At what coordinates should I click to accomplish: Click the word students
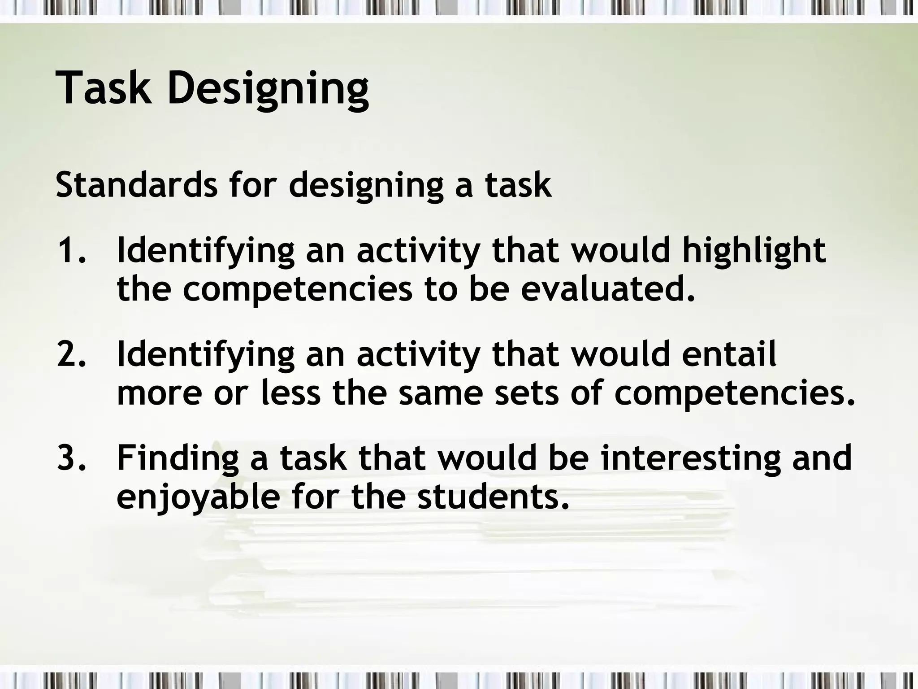click(493, 497)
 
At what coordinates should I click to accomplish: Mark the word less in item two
click(291, 393)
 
